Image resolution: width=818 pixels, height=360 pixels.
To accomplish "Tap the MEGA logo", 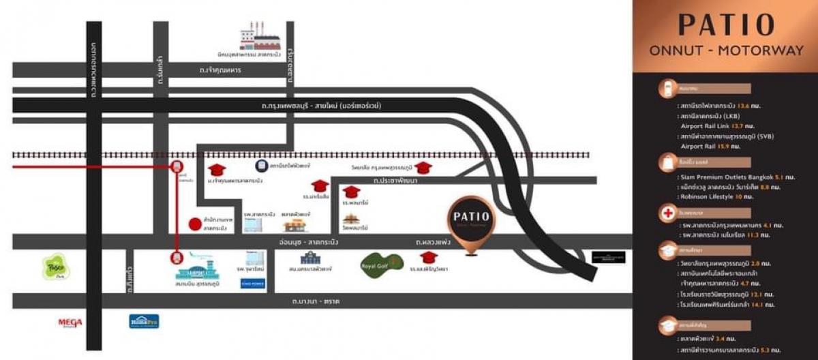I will [x=70, y=322].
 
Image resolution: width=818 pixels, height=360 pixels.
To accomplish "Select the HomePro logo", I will [x=144, y=320].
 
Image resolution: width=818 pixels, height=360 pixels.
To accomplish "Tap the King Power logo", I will [x=252, y=281].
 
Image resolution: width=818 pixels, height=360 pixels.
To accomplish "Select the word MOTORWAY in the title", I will [x=738, y=50].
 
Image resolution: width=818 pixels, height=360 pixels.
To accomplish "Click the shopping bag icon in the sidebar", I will [x=665, y=162].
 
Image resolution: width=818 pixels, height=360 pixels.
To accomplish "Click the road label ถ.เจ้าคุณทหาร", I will [x=221, y=70].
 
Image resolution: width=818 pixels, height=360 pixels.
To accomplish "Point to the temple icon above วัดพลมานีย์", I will [x=351, y=219].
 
